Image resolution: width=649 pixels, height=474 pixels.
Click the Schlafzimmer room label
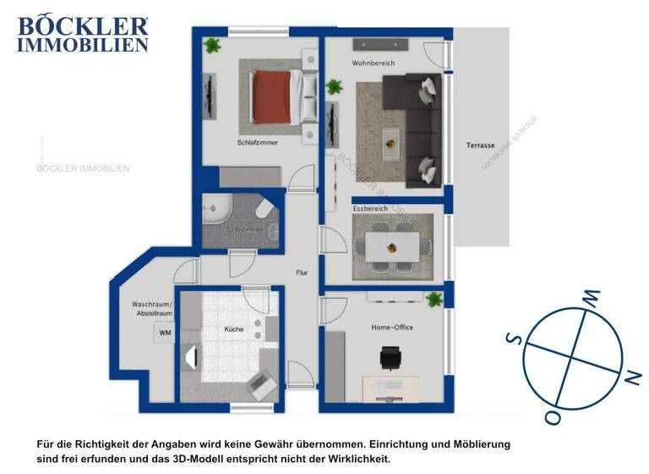click(x=258, y=143)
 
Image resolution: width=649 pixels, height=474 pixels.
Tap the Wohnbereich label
click(x=374, y=63)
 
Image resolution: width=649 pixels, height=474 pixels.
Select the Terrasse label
click(x=480, y=146)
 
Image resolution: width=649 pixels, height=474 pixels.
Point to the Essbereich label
click(x=369, y=208)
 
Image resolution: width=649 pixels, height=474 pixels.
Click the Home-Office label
click(x=392, y=328)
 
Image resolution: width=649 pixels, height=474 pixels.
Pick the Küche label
click(x=233, y=328)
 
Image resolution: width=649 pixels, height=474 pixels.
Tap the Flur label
click(x=302, y=273)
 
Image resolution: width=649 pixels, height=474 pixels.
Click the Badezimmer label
click(x=242, y=229)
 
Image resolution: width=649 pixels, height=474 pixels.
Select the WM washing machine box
click(x=164, y=333)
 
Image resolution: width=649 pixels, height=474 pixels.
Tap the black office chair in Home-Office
click(x=390, y=360)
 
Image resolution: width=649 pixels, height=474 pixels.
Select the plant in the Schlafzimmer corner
click(x=210, y=45)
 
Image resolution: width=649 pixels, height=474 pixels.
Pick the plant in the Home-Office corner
click(x=434, y=300)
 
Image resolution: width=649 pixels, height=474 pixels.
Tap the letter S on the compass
click(x=512, y=339)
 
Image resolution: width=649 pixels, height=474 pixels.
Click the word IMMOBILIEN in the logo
click(x=82, y=45)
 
